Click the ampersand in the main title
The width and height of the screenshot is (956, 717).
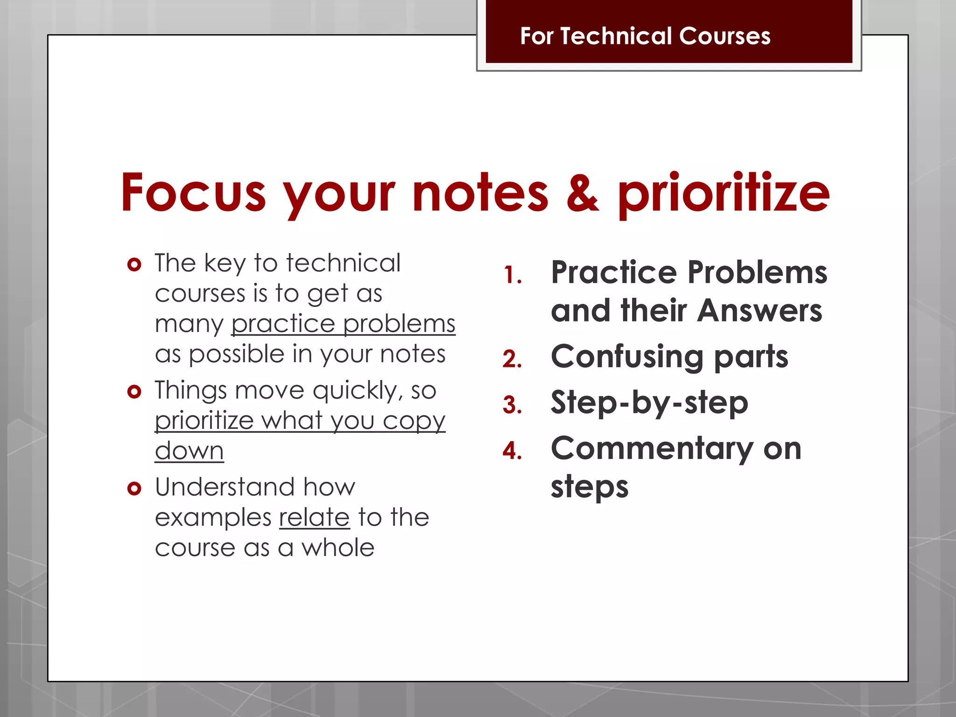point(583,193)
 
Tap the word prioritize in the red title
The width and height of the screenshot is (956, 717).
point(724,193)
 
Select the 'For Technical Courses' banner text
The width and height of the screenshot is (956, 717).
point(645,36)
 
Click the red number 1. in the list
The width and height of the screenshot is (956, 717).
point(513,275)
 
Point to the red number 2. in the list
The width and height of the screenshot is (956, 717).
point(512,359)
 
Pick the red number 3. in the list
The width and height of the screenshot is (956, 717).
point(512,405)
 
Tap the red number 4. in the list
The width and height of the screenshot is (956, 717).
point(512,450)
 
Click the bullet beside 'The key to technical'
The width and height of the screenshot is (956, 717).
point(134,265)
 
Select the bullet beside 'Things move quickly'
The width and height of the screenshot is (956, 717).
point(134,391)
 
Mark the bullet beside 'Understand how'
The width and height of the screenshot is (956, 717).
point(134,488)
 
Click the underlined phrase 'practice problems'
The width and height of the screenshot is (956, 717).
point(343,323)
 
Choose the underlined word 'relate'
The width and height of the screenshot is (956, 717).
point(314,517)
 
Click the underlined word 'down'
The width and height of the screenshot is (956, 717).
point(189,451)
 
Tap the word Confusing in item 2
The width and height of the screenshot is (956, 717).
point(627,357)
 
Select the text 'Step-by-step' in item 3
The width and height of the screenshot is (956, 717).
point(649,402)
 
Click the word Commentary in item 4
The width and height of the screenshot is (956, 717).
point(652,448)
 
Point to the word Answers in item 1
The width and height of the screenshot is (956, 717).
point(759,310)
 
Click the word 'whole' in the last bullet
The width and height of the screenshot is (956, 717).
point(337,548)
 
